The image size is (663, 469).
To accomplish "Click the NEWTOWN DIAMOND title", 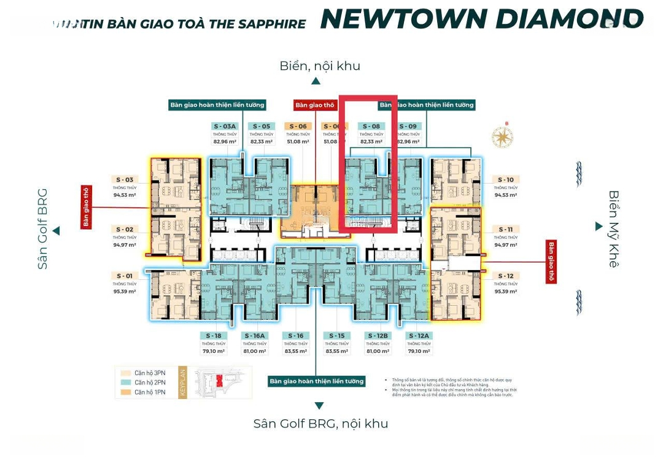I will pos(481,19).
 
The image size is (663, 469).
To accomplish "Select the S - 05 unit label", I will pos(261,126).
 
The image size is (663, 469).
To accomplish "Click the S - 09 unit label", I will pos(408,126).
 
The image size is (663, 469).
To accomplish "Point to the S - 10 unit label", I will pos(505,180).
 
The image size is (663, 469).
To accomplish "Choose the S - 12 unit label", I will pos(505,276).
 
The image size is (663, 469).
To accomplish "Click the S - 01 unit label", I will pos(125,276).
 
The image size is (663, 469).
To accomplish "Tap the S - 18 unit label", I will pos(213,336).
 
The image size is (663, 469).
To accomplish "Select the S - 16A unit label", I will pos(254,336).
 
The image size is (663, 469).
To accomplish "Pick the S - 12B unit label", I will pos(378,336).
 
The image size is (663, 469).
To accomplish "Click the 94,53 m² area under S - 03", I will pos(125,195).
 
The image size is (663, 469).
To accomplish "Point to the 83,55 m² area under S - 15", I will pos(336,351).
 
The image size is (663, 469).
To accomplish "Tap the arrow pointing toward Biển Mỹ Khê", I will pos(599,227).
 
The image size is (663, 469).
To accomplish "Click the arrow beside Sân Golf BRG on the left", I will pos(56,231).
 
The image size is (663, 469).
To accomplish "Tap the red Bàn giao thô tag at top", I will pos(314,105).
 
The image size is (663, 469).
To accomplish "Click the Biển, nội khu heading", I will pos(319,66).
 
